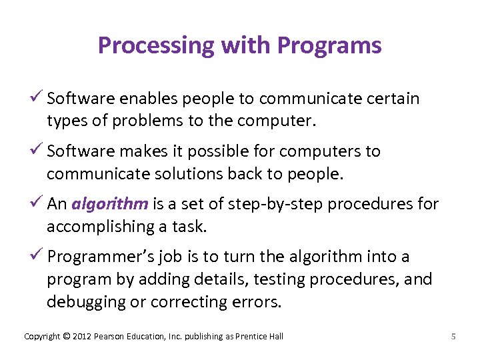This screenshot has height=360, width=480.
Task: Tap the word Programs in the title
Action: [x=329, y=45]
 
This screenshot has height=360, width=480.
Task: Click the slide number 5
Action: [x=453, y=337]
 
